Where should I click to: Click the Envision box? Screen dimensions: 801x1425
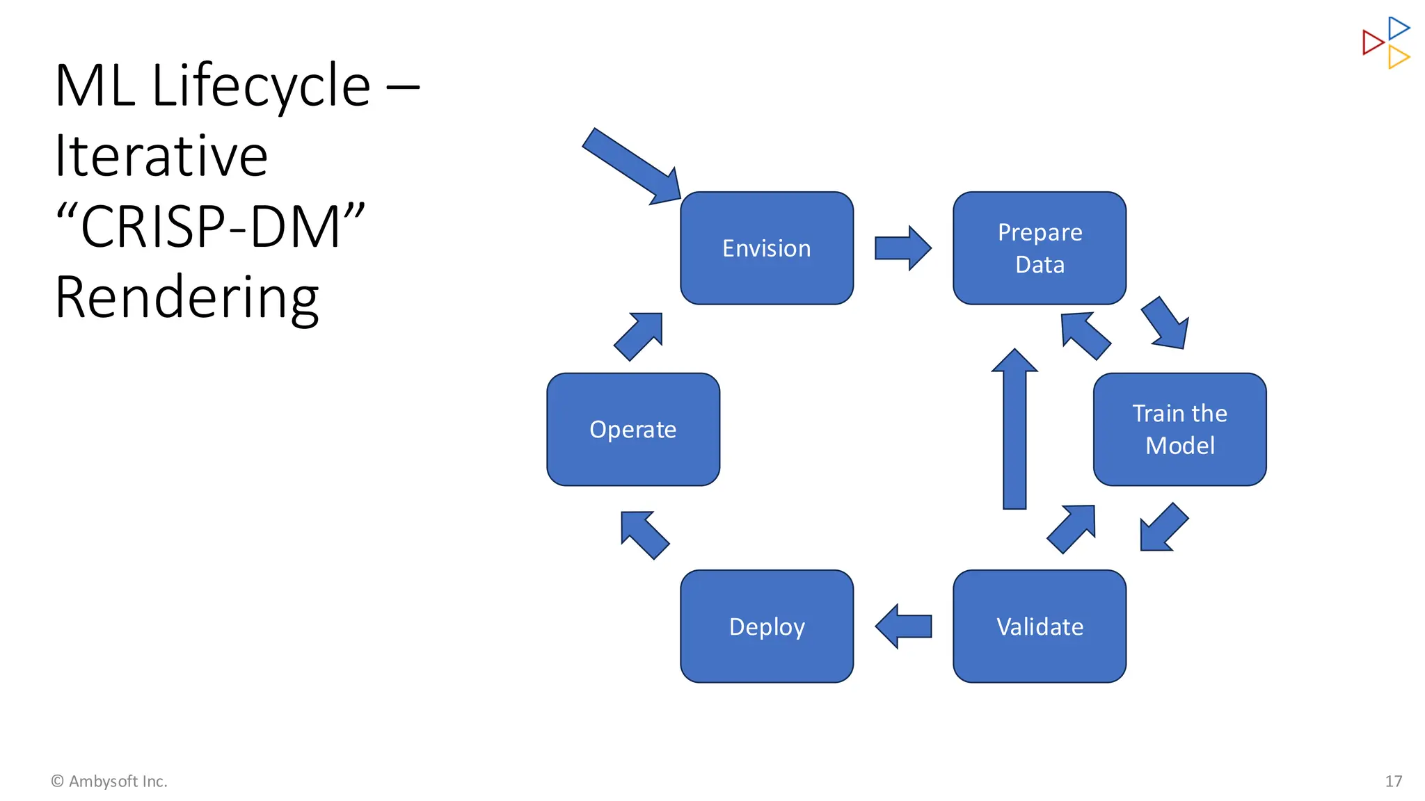pyautogui.click(x=766, y=248)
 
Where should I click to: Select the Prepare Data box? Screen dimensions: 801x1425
pyautogui.click(x=1040, y=248)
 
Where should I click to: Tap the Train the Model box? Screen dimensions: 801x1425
pyautogui.click(x=1179, y=429)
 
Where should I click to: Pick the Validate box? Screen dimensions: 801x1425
pyautogui.click(x=1040, y=626)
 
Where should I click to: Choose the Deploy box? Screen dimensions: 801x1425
pyautogui.click(x=766, y=626)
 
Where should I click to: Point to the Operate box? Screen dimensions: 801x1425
pyautogui.click(x=633, y=429)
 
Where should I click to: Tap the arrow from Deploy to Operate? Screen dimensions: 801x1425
pyautogui.click(x=644, y=535)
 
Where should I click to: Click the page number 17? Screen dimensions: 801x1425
pyautogui.click(x=1393, y=782)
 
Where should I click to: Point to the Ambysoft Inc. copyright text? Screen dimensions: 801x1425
pyautogui.click(x=109, y=782)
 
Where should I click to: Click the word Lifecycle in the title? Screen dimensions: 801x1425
pyautogui.click(x=261, y=86)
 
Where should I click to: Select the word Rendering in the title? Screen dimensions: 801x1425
pyautogui.click(x=186, y=298)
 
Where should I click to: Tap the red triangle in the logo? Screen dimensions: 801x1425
pyautogui.click(x=1372, y=42)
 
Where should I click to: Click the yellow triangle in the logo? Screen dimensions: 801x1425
pyautogui.click(x=1397, y=57)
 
